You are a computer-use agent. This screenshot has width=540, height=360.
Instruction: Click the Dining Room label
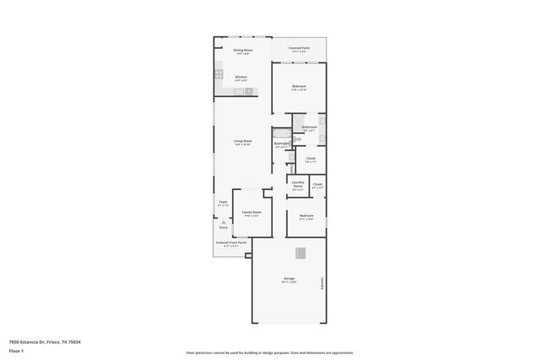[243, 51]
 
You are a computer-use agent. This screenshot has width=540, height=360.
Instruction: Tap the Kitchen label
[240, 78]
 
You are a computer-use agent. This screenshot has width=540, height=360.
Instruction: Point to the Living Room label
[243, 142]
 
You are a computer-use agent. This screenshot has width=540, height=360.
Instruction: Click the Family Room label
[251, 212]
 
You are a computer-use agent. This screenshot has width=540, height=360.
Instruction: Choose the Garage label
[289, 279]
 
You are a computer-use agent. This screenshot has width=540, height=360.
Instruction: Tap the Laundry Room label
[298, 185]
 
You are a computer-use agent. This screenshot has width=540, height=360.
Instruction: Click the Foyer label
[224, 202]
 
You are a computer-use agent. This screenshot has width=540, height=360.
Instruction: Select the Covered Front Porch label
[230, 242]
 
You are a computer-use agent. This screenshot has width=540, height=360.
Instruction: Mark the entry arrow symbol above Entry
[224, 222]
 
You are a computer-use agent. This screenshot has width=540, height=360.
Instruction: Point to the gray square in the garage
[300, 255]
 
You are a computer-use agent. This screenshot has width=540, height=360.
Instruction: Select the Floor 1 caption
[18, 350]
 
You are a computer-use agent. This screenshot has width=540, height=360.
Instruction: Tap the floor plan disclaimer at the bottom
[269, 352]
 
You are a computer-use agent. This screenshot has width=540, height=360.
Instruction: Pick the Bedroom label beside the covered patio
[299, 87]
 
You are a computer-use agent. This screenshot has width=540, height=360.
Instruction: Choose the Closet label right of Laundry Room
[317, 185]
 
